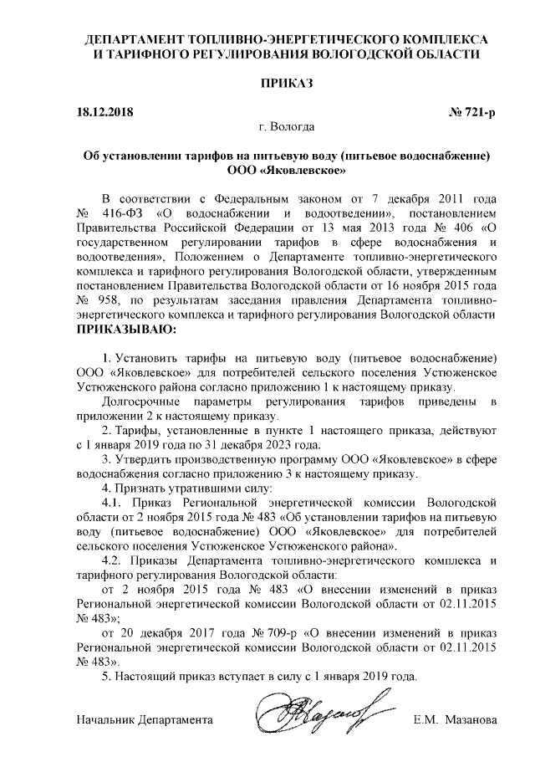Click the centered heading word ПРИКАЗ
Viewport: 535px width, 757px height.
[287, 84]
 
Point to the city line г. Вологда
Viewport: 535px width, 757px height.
[287, 128]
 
